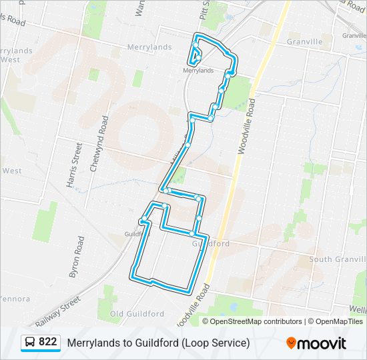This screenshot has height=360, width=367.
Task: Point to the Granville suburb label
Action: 304,41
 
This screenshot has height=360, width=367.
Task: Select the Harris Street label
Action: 76,163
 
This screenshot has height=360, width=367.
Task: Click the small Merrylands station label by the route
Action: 198,70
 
